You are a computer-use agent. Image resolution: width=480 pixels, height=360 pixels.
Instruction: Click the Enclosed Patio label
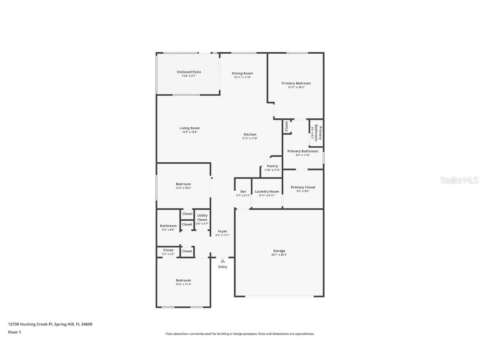[x=189, y=72]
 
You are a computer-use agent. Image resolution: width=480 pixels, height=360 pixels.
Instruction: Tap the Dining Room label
[x=242, y=74]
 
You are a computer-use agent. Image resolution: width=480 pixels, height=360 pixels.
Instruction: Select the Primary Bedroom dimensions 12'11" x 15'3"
[x=296, y=87]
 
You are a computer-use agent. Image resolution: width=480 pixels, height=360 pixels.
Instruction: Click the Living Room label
[x=190, y=128]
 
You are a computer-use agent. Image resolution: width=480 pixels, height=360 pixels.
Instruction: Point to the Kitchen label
[x=250, y=135]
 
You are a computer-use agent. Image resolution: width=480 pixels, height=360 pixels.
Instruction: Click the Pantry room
[x=272, y=167]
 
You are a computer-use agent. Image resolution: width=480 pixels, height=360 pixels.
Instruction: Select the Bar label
[x=243, y=192]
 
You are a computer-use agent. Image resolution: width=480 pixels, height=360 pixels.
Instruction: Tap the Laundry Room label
[x=267, y=192]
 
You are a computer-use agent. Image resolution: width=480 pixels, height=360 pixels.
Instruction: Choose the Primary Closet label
[x=303, y=187]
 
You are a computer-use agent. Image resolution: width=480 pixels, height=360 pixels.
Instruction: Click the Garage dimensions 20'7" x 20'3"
[x=279, y=255]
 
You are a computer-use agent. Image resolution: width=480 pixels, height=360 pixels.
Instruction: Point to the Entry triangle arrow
[x=222, y=261]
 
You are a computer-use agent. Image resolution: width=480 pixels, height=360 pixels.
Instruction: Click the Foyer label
[x=222, y=231]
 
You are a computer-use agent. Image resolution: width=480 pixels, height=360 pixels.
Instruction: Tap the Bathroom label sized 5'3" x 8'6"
[x=168, y=226]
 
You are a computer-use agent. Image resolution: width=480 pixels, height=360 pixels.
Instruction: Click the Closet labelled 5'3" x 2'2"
[x=168, y=250]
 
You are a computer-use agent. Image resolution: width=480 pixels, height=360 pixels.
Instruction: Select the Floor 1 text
[x=14, y=332]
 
